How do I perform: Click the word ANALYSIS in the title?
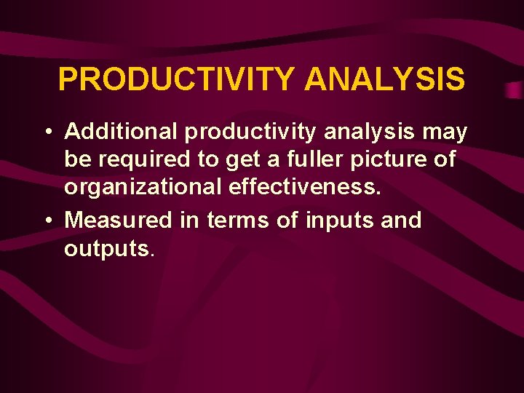point(384,79)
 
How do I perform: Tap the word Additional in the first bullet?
point(121,132)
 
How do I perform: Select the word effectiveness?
point(305,187)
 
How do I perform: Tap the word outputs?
point(107,249)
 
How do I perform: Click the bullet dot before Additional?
point(47,133)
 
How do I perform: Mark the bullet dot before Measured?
point(47,220)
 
